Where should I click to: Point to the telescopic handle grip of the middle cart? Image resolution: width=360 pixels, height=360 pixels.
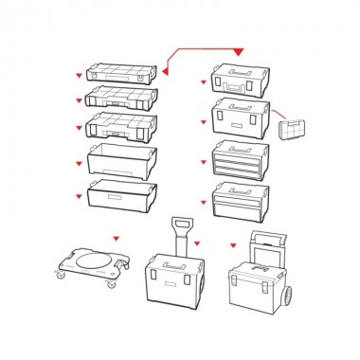[178, 224]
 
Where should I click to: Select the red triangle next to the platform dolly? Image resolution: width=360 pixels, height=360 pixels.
[116, 239]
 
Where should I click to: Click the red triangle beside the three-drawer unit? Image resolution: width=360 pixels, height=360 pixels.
[202, 162]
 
